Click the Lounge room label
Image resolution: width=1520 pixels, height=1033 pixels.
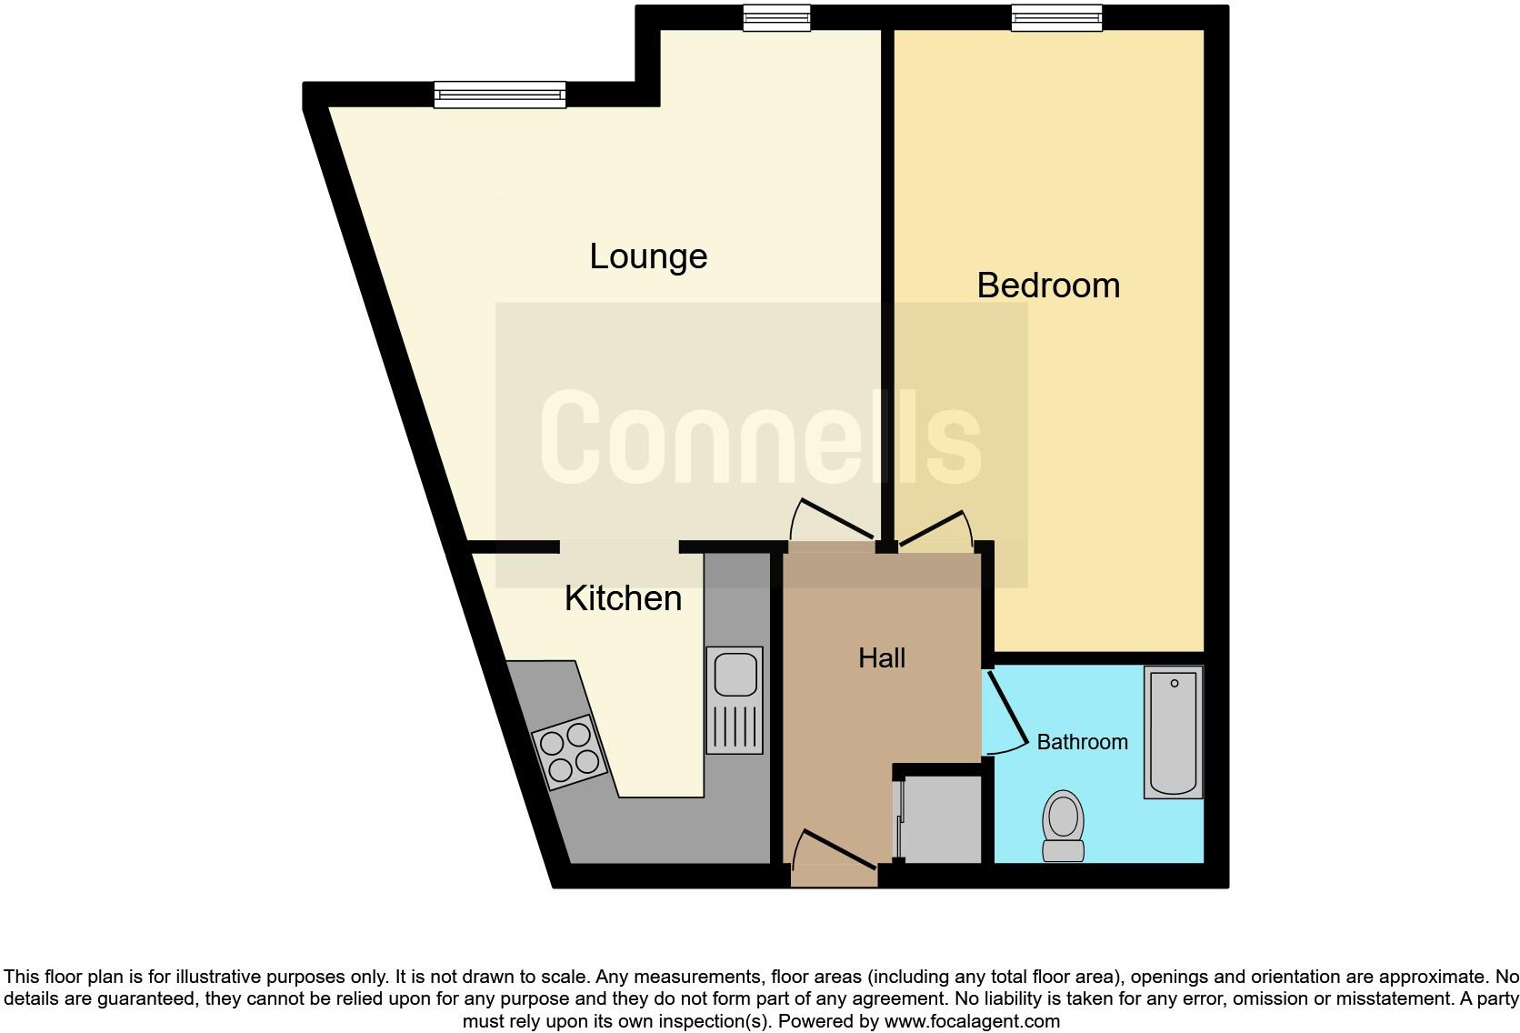click(x=648, y=256)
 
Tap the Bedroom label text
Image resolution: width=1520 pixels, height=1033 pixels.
click(x=1048, y=286)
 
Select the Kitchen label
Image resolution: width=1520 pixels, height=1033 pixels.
click(x=623, y=598)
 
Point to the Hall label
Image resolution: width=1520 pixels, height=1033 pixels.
click(x=882, y=658)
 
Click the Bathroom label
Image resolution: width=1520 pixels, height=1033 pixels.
click(x=1082, y=742)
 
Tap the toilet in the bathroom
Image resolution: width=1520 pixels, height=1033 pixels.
click(x=1064, y=825)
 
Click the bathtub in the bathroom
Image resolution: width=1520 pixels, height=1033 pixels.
click(x=1174, y=731)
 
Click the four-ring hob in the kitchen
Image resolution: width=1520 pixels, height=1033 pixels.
click(x=569, y=752)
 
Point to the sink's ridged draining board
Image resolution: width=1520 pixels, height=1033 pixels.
click(x=735, y=727)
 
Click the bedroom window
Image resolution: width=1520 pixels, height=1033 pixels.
click(x=1057, y=17)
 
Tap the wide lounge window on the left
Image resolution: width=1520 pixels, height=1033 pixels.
click(x=499, y=95)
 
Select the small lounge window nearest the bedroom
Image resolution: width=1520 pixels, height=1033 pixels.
click(x=775, y=17)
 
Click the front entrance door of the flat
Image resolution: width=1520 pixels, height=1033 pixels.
click(x=834, y=859)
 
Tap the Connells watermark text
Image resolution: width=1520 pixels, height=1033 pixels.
click(x=761, y=436)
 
